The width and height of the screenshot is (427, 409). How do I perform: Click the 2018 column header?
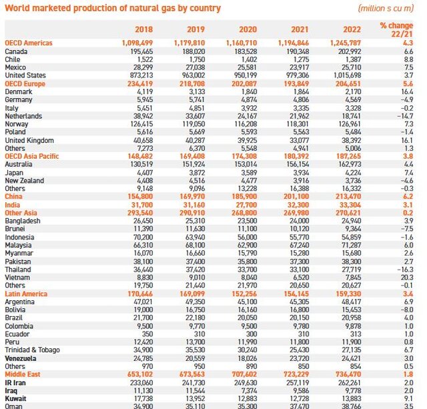tap(143, 29)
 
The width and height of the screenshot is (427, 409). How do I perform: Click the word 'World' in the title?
tap(17, 8)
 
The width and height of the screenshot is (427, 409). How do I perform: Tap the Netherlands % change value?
tap(404, 116)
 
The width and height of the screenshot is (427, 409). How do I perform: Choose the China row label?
tap(14, 197)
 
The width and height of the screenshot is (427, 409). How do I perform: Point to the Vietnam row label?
tap(17, 278)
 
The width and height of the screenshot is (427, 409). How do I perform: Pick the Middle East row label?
tap(25, 374)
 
